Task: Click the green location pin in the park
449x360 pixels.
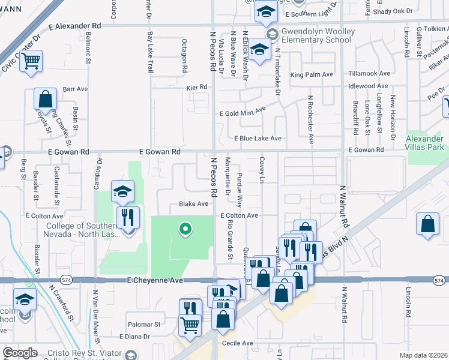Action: coord(185,229)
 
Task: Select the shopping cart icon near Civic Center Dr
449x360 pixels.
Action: coord(31,61)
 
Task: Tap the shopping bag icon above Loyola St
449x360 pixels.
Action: coord(45,99)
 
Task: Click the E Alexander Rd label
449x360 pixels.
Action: coord(75,26)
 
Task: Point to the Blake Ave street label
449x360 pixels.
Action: coord(193,204)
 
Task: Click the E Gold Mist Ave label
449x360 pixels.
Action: coord(242,112)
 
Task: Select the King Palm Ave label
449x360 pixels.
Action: coord(311,75)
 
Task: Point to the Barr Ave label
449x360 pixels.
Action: coord(75,89)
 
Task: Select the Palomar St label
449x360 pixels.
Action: coord(145,324)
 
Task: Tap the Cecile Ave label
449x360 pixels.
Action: coord(239,343)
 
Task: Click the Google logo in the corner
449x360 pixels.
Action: coord(20,353)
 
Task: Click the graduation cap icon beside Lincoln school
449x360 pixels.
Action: coord(25,299)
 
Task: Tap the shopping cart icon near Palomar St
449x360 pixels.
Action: coord(190,325)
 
